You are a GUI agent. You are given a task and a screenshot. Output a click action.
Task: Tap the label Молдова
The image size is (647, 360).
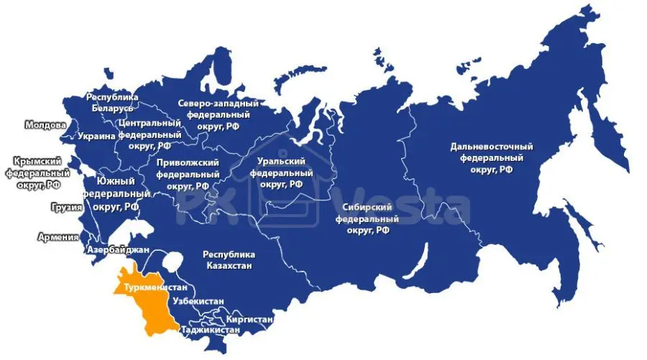pyautogui.click(x=45, y=124)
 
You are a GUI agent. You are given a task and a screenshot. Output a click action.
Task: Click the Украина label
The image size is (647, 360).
pyautogui.click(x=97, y=137)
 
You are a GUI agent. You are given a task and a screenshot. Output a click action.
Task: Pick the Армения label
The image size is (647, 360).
pyautogui.click(x=58, y=236)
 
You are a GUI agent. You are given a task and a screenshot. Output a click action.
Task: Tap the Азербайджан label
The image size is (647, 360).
pyautogui.click(x=118, y=249)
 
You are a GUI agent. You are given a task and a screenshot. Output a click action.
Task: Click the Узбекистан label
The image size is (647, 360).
pyautogui.click(x=198, y=302)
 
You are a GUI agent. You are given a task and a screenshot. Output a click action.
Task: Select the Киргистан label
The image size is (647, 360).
pyautogui.click(x=249, y=317)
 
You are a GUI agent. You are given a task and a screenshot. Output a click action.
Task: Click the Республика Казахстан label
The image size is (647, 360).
pyautogui.click(x=229, y=260)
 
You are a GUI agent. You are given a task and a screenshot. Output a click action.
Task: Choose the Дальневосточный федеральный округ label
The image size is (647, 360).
pyautogui.click(x=492, y=158)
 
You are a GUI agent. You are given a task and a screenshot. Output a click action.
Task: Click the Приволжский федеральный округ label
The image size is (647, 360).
pyautogui.click(x=188, y=174)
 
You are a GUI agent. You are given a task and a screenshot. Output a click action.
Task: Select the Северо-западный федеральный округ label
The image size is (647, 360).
pyautogui.click(x=218, y=115)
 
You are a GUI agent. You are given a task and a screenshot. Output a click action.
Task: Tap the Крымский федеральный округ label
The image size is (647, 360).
pyautogui.click(x=37, y=173)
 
